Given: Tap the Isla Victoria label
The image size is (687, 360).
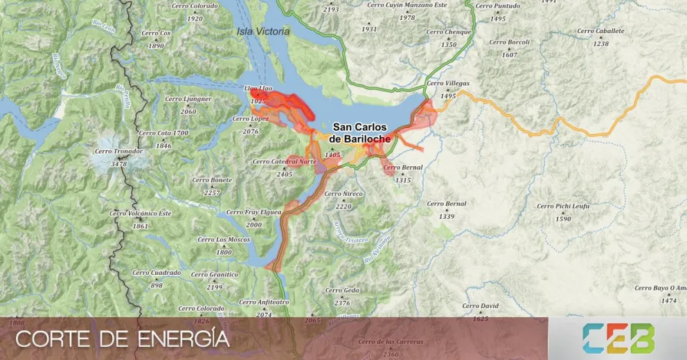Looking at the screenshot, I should [264, 31].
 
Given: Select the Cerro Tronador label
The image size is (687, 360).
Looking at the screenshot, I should [120, 151].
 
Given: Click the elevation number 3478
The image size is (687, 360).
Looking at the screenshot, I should [119, 164].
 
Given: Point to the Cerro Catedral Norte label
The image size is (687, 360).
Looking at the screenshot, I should [284, 161].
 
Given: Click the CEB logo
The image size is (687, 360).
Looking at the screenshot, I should [618, 339].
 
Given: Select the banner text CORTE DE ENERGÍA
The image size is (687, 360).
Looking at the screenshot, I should [123, 340].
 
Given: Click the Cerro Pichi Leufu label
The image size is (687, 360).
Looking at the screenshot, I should [563, 206].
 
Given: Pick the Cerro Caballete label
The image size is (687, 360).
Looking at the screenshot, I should [600, 31].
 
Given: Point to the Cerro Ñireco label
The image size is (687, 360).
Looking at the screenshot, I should [343, 194].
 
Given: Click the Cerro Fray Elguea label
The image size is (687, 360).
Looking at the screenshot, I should [253, 212].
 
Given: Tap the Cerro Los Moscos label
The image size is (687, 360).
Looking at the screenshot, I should [224, 240].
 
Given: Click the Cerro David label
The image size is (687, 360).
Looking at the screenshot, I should [481, 305].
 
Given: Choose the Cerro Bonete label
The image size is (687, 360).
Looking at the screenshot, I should [212, 180].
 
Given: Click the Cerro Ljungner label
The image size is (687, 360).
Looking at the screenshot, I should [188, 99].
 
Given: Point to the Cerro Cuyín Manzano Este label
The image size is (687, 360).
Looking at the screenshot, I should [407, 5].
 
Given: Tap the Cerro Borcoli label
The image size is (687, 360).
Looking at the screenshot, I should [509, 42].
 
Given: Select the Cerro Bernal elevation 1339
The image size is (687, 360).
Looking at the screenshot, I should [447, 217].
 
